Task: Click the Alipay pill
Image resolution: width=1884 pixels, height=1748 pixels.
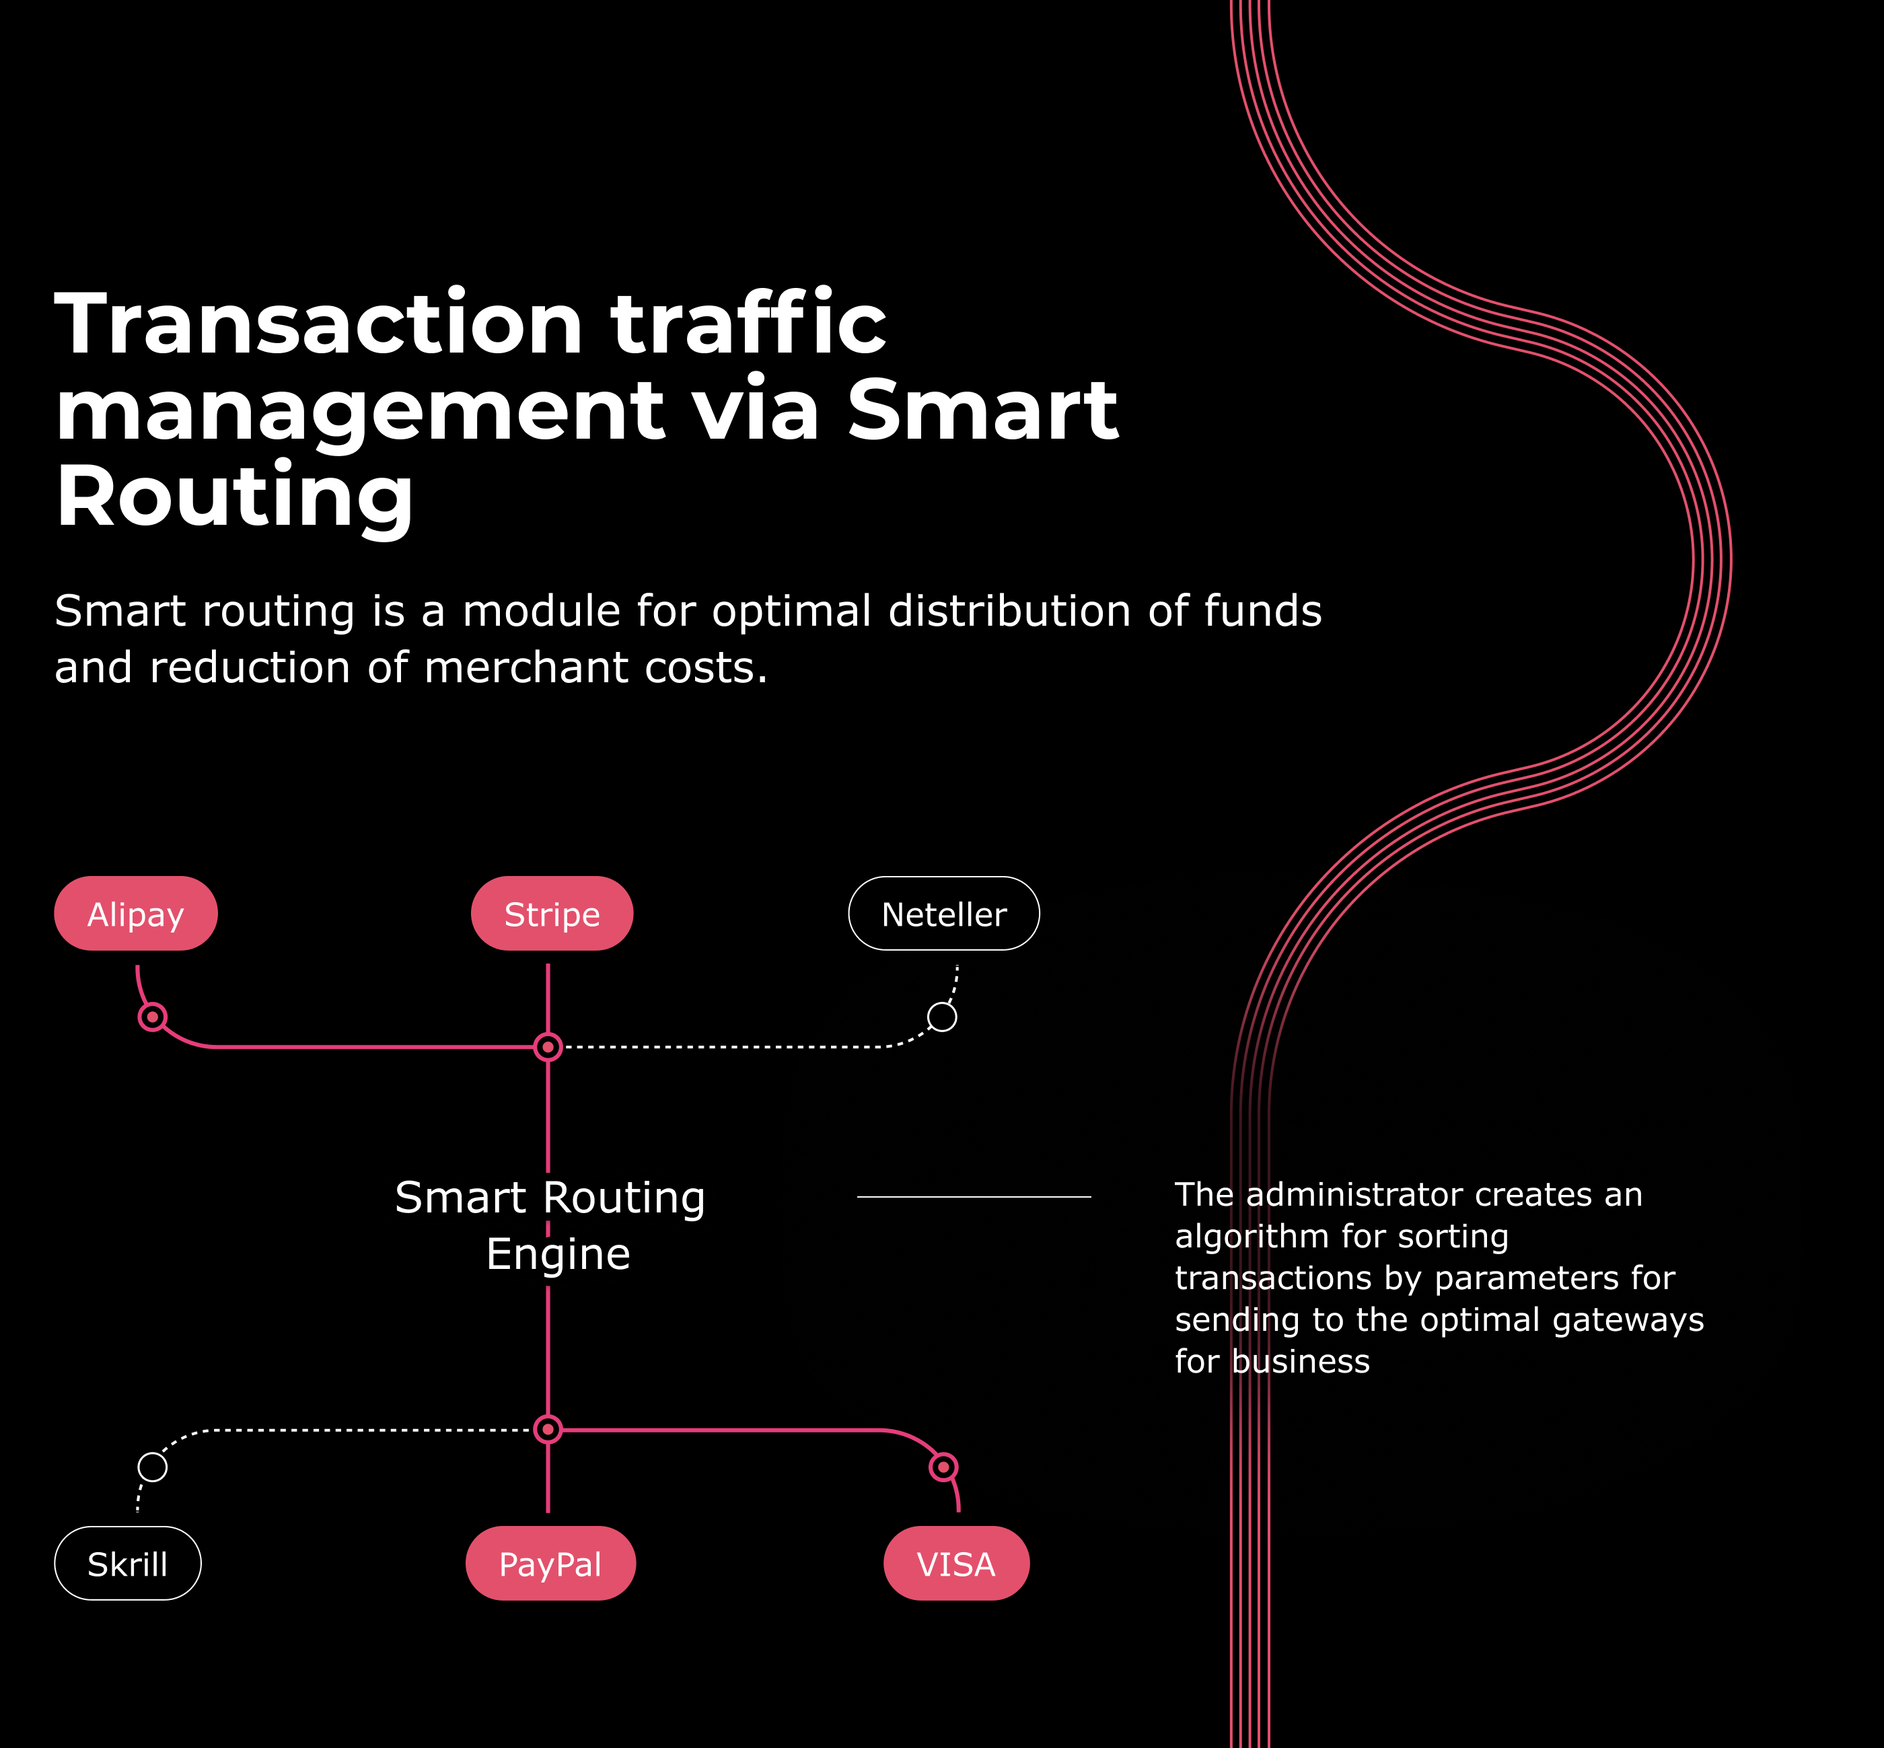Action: (x=135, y=914)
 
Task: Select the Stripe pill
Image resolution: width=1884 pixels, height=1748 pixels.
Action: (x=551, y=914)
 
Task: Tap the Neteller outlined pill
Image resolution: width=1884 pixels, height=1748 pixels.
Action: (x=944, y=914)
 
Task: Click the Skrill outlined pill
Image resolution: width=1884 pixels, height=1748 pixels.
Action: (x=128, y=1564)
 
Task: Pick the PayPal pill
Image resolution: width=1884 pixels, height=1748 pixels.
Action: (x=550, y=1564)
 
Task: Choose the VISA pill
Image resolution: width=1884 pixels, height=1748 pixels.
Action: (x=956, y=1564)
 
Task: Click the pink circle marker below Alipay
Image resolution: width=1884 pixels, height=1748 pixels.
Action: (x=152, y=1017)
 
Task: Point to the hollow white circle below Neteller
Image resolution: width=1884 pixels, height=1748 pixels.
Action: (x=942, y=1017)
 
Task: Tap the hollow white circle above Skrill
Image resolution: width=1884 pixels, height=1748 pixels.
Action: (x=152, y=1467)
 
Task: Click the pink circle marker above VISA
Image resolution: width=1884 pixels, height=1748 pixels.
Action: (x=943, y=1467)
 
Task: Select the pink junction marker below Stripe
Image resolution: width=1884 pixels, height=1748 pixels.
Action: (x=548, y=1047)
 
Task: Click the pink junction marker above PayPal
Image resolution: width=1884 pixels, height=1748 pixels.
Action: (x=548, y=1429)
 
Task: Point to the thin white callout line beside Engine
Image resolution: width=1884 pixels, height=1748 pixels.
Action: (x=974, y=1196)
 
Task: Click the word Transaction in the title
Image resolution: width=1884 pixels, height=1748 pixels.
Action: (x=319, y=324)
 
